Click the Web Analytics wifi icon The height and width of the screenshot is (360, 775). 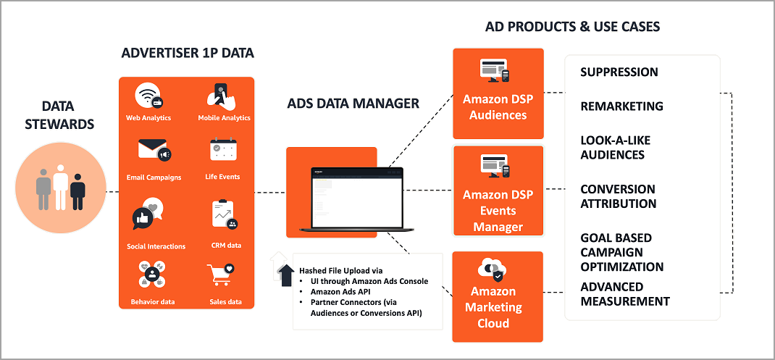tap(148, 97)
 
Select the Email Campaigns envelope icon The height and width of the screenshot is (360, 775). tap(154, 151)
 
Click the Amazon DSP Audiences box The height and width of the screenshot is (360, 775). tap(498, 93)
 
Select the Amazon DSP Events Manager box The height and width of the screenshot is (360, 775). tap(498, 191)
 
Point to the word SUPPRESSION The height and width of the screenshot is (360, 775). tap(619, 72)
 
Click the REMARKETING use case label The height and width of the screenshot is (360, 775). tap(621, 106)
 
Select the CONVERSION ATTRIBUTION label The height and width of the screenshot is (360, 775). tap(618, 196)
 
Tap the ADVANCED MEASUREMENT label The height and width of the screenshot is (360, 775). tap(625, 294)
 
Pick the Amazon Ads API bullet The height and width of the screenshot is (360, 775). tap(341, 291)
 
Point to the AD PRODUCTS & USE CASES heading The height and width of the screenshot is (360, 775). tap(572, 27)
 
